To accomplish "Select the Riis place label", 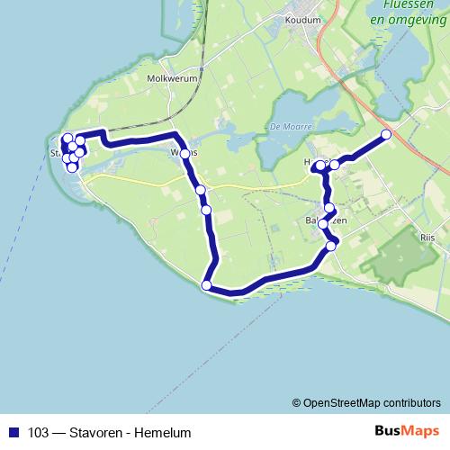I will coord(427,237).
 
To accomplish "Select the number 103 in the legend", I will coord(38,432).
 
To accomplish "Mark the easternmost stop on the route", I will coord(387,135).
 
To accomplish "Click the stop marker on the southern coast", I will coord(207,285).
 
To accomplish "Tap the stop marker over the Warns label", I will coord(185,154).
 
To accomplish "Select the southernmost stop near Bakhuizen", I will coord(331,245).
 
